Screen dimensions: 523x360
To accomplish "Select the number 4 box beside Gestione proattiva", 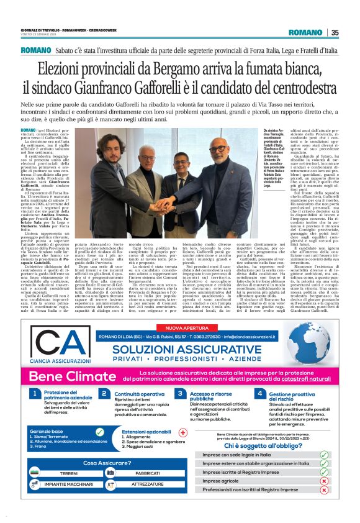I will click(x=259, y=394).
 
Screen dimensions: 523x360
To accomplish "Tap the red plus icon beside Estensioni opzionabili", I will click(x=182, y=432).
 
